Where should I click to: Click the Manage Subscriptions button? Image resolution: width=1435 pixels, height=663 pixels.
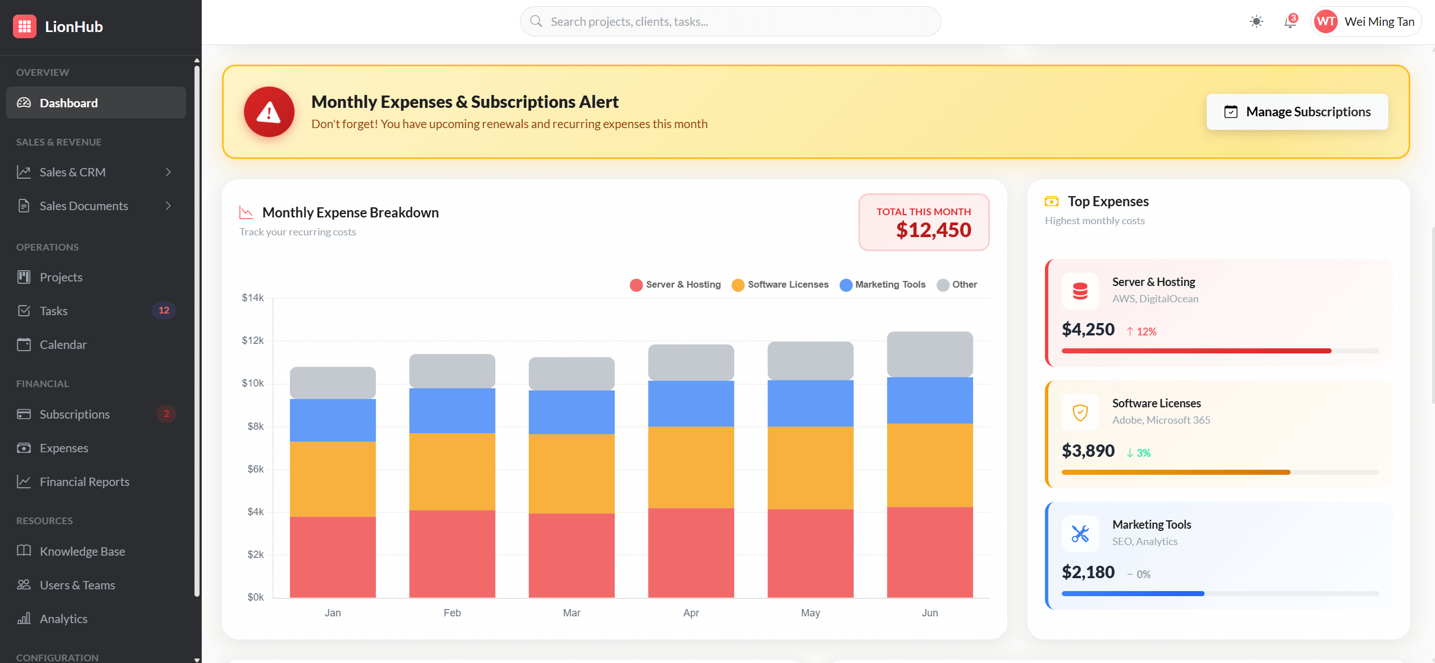pyautogui.click(x=1297, y=112)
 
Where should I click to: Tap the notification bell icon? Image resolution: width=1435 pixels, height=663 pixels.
pyautogui.click(x=1289, y=22)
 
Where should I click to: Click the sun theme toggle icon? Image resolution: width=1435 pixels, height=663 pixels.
pyautogui.click(x=1256, y=22)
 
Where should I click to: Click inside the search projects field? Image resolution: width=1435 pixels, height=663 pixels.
pyautogui.click(x=731, y=22)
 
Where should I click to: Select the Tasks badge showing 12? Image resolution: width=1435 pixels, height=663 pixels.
pyautogui.click(x=164, y=310)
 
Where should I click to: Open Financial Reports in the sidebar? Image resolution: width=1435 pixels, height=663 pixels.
pyautogui.click(x=84, y=482)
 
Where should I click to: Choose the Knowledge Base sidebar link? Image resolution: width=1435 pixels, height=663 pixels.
pyautogui.click(x=82, y=551)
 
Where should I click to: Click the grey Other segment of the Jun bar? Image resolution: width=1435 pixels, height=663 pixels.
pyautogui.click(x=929, y=354)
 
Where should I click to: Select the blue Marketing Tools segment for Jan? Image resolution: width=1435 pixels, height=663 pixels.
pyautogui.click(x=332, y=420)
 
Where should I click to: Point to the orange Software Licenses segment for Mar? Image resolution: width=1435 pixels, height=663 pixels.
pyautogui.click(x=571, y=473)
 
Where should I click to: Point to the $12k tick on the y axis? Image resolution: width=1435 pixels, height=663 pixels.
pyautogui.click(x=252, y=340)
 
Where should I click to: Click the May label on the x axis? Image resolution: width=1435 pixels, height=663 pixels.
pyautogui.click(x=810, y=612)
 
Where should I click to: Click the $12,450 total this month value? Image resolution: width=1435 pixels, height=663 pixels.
pyautogui.click(x=933, y=230)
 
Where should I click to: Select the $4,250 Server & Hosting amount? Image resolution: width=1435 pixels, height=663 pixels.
pyautogui.click(x=1088, y=329)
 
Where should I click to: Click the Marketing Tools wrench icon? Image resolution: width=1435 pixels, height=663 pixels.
pyautogui.click(x=1080, y=533)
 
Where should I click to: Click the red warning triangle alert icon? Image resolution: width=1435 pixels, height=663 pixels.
pyautogui.click(x=269, y=112)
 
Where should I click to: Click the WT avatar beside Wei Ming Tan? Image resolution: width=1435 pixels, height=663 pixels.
pyautogui.click(x=1326, y=22)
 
